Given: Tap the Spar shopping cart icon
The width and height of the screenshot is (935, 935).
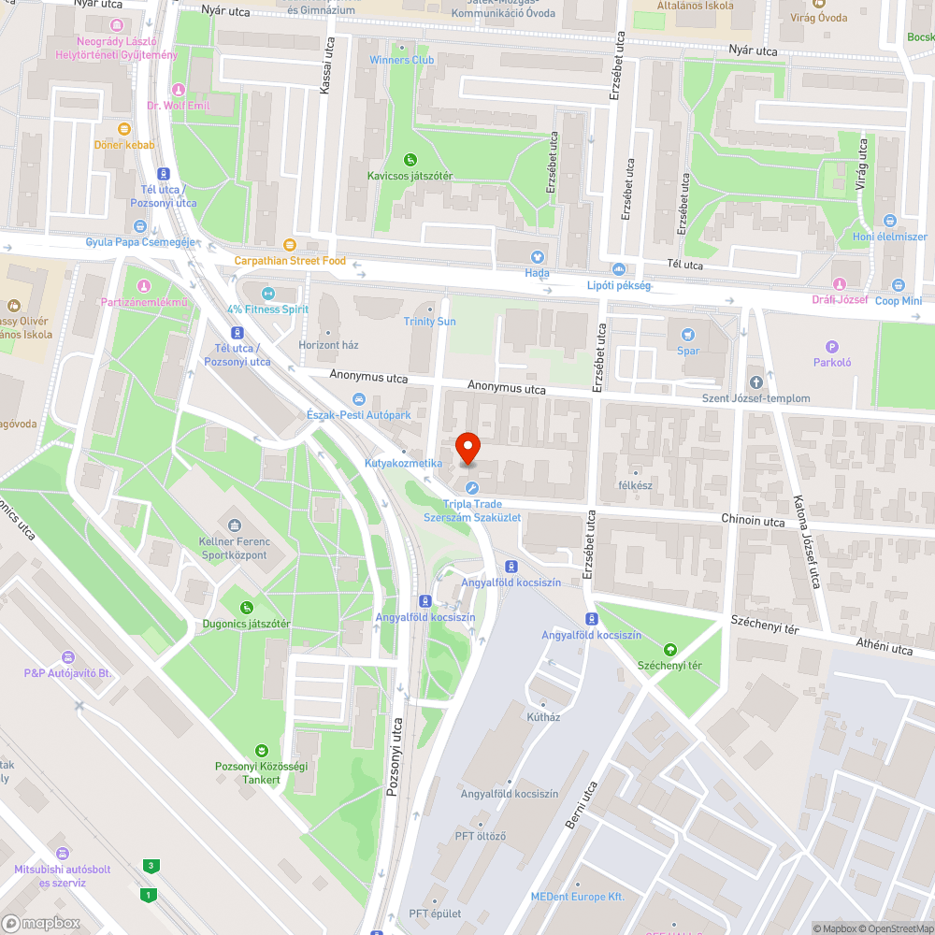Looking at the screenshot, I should pos(688,335).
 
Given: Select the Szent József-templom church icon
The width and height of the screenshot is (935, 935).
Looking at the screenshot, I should pos(756,382).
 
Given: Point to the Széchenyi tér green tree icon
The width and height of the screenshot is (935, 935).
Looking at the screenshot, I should pos(669,650).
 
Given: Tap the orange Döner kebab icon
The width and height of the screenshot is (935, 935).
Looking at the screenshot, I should pos(124,129).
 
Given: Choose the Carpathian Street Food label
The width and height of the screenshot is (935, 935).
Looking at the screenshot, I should pos(290,261).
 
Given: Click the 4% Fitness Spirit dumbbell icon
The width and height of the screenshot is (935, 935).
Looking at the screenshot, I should pos(267,294).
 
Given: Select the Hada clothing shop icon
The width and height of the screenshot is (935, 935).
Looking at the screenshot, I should pos(537,257).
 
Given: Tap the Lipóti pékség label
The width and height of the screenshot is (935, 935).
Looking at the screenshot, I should pos(618,285).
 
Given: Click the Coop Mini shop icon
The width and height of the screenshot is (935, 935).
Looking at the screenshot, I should pos(899,285).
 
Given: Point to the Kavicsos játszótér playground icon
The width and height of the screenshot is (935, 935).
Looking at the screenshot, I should pos(410,160).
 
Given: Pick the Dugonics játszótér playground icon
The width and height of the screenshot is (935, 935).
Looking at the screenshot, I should pos(247,608).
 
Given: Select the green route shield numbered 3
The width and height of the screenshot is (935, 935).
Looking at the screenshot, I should pos(150,866).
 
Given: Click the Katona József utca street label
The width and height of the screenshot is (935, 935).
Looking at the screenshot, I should pos(805,542).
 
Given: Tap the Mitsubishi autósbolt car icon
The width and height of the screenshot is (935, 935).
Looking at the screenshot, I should pos(63,853).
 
